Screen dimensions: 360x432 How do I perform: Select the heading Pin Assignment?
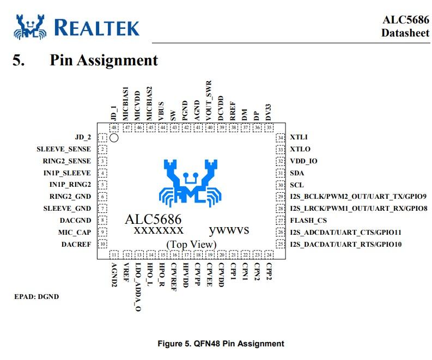(104, 60)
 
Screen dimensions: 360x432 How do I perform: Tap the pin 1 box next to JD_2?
(102, 138)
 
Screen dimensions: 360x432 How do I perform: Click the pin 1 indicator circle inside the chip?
(113, 138)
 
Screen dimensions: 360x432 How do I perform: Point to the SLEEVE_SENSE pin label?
(64, 149)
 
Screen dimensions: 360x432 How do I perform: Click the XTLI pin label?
(299, 138)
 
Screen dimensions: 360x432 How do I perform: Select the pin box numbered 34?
(281, 138)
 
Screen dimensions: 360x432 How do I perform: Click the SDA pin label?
(297, 173)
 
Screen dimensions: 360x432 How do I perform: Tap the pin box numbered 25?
(281, 244)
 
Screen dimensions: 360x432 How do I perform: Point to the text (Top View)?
(191, 243)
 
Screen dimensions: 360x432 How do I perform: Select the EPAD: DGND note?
(36, 297)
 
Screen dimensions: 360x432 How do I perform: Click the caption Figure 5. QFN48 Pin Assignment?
(221, 344)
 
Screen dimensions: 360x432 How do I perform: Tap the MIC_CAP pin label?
(76, 233)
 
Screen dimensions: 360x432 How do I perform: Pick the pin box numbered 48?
(114, 127)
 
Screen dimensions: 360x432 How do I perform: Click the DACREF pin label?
(76, 245)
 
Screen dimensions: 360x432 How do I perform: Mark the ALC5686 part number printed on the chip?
(153, 219)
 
